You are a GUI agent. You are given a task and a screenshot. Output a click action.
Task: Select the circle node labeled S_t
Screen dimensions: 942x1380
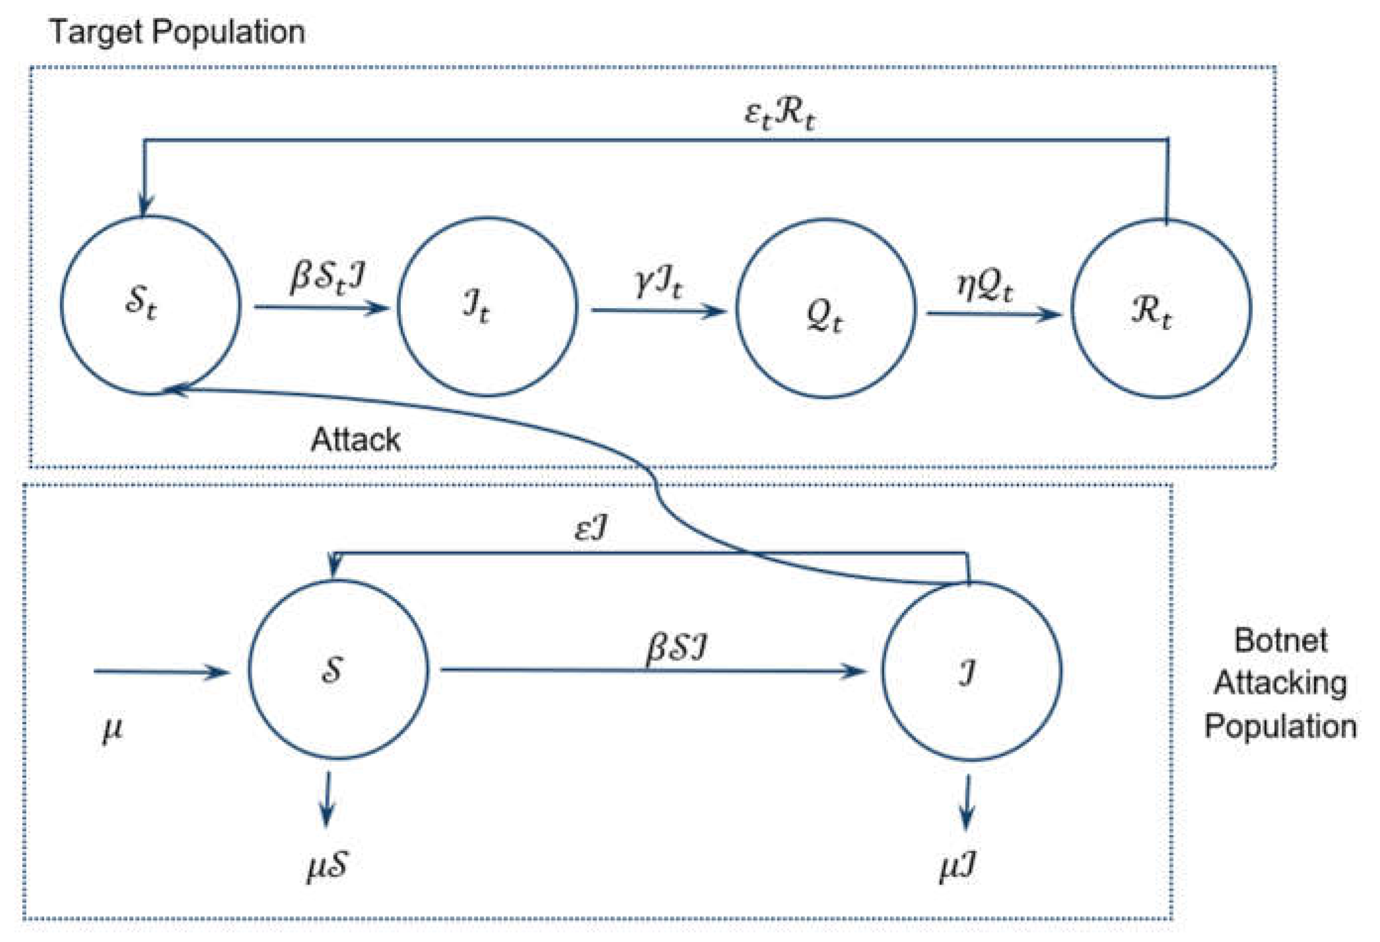[x=150, y=304]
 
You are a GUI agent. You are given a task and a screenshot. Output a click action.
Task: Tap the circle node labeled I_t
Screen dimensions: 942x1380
[x=487, y=307]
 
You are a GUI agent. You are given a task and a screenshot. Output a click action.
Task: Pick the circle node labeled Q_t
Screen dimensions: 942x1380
[x=825, y=309]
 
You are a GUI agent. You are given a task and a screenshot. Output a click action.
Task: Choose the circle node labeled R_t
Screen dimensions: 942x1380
[x=1161, y=309]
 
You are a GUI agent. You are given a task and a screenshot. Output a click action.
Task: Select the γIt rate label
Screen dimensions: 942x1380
[x=658, y=283]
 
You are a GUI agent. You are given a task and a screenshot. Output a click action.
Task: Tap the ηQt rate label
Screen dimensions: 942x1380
[x=984, y=286]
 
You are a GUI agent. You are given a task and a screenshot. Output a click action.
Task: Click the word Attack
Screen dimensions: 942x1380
[x=355, y=440]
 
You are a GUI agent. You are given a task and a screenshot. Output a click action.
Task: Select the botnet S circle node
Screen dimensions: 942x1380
[x=338, y=669]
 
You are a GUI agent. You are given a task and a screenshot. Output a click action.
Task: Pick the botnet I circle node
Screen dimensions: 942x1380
[x=971, y=671]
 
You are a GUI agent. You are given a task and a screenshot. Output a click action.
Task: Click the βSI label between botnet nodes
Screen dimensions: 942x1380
[x=676, y=648]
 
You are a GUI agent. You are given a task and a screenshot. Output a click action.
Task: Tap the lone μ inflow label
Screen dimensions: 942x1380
[x=112, y=728]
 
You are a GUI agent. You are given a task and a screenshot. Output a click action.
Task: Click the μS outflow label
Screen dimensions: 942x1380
[x=327, y=867]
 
